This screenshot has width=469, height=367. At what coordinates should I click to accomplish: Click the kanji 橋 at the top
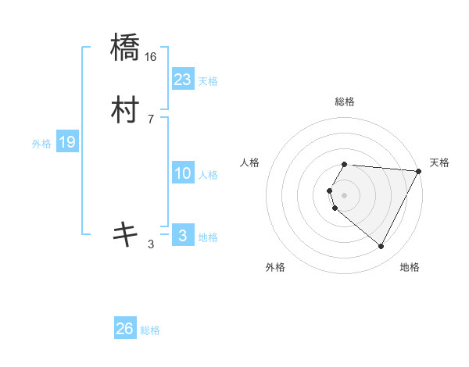tap(126, 49)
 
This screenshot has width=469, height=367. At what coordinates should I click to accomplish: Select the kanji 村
tap(126, 112)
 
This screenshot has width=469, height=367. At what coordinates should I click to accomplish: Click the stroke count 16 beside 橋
tap(151, 57)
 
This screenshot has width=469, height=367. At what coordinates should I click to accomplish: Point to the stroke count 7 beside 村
tap(151, 119)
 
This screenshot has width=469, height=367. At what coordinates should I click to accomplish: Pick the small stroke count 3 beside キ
tap(151, 244)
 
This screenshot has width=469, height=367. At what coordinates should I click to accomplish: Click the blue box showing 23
tap(182, 80)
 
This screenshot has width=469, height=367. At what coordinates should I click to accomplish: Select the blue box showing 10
tap(182, 174)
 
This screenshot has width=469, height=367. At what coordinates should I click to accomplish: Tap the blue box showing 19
tap(66, 142)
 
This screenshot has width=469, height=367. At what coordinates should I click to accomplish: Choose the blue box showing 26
tap(125, 329)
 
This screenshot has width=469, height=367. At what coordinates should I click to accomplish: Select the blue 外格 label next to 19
tap(41, 143)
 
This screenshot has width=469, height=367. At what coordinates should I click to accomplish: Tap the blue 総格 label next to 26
tap(150, 330)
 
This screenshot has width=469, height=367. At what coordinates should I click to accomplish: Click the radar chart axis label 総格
tap(345, 102)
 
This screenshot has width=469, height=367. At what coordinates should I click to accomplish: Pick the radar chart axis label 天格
tap(439, 162)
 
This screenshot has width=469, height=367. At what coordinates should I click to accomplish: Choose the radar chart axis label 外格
tap(275, 268)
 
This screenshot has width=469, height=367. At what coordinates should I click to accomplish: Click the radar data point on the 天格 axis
tap(419, 171)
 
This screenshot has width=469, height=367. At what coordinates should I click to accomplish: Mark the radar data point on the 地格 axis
tap(381, 246)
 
